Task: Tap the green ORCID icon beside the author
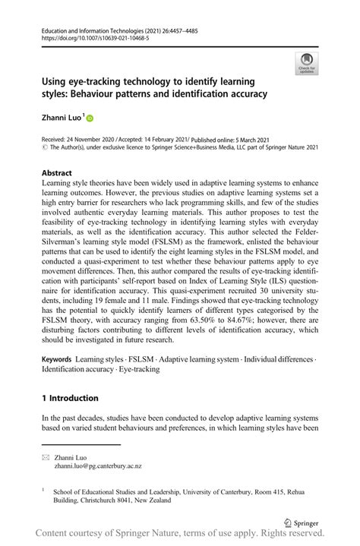(x=90, y=118)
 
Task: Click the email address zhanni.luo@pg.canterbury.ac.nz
(x=97, y=466)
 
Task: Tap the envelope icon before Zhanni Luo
(x=46, y=457)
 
